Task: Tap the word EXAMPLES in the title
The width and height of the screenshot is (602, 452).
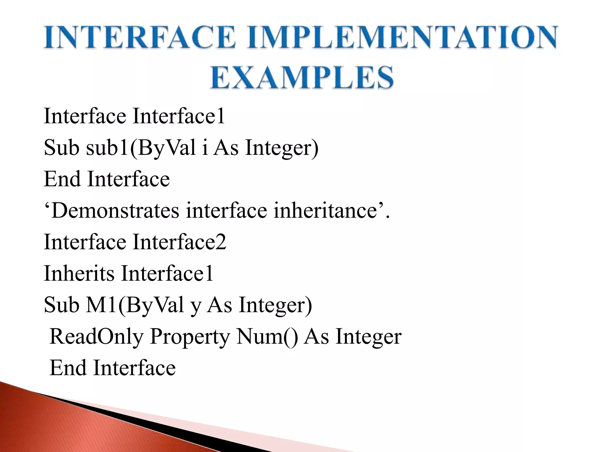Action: pyautogui.click(x=302, y=77)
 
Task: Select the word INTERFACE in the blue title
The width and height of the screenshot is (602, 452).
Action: pyautogui.click(x=139, y=37)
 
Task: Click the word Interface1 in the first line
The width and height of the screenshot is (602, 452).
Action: pyautogui.click(x=179, y=116)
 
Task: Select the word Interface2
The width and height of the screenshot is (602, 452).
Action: pyautogui.click(x=179, y=242)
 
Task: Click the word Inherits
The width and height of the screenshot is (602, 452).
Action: pyautogui.click(x=79, y=273)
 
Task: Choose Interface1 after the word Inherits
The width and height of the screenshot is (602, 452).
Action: pyautogui.click(x=167, y=273)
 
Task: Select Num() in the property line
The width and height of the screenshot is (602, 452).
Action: pyautogui.click(x=267, y=336)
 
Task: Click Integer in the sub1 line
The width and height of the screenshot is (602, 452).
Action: pyautogui.click(x=282, y=148)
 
